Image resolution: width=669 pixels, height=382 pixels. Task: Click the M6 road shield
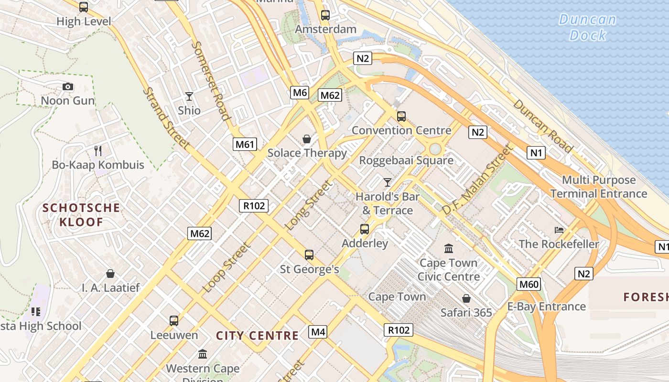tap(300, 93)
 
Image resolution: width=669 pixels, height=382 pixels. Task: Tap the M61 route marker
tap(245, 144)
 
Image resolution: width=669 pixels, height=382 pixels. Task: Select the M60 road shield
tap(529, 285)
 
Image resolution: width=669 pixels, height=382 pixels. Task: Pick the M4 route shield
tap(318, 331)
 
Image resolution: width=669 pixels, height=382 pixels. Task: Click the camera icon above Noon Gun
tap(68, 86)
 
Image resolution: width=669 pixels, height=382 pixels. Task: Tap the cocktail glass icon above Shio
tap(189, 96)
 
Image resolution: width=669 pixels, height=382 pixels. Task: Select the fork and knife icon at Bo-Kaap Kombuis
tap(98, 151)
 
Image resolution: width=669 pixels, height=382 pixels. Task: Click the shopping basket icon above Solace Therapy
tap(307, 139)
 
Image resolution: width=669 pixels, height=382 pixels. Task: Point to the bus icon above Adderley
tap(365, 229)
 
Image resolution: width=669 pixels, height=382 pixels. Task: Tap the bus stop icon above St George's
tap(309, 255)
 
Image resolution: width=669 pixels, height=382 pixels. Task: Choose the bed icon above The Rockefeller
tap(559, 230)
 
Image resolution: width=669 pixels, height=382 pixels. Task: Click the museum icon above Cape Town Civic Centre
tap(448, 249)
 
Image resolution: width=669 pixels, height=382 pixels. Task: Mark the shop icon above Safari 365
tap(466, 298)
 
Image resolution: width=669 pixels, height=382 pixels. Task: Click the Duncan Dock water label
tap(588, 27)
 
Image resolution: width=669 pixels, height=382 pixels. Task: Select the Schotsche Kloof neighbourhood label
tap(81, 215)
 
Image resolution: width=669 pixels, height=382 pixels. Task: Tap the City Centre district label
tap(257, 336)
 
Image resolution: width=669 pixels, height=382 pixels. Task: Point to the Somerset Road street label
tap(211, 80)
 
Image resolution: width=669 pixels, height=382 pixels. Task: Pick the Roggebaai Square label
tap(406, 160)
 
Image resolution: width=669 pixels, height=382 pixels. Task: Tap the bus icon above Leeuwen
tap(174, 320)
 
